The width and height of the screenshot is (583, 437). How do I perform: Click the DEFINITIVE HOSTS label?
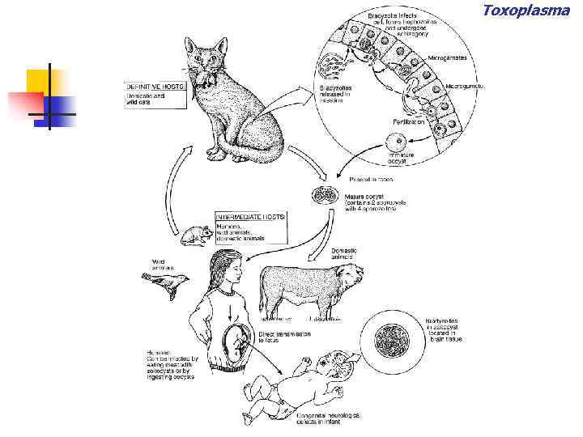[156, 85]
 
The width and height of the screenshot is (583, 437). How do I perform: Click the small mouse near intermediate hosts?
[194, 235]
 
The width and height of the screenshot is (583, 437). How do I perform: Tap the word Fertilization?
[409, 121]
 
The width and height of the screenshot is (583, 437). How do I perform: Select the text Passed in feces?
[375, 179]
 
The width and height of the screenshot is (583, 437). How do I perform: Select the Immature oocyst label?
[402, 158]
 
